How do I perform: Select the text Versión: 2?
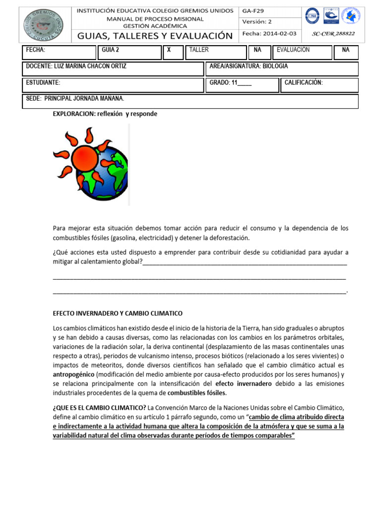tap(257, 21)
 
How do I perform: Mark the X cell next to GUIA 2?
tap(169, 50)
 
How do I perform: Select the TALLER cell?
tap(199, 50)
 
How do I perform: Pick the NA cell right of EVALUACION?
tap(346, 50)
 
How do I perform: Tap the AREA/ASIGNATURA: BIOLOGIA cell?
tap(249, 66)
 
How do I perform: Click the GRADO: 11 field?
tap(230, 83)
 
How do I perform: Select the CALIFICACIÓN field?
tap(304, 83)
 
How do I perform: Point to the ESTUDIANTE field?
tap(43, 83)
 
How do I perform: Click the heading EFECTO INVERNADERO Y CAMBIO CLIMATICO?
tap(118, 314)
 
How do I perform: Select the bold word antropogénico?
tap(73, 374)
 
